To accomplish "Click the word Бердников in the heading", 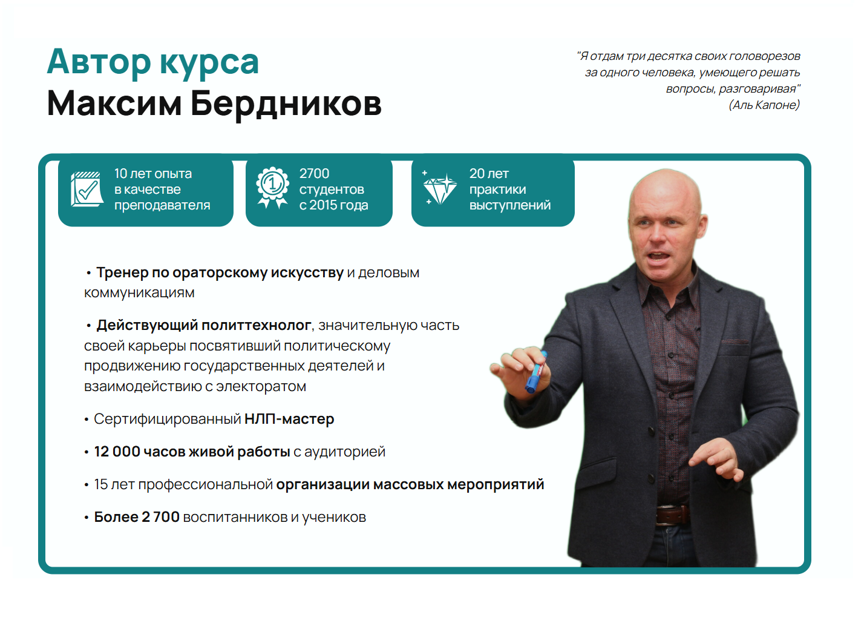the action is click(x=286, y=104).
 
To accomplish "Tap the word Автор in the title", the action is click(x=99, y=62).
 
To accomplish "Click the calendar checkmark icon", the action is click(x=87, y=189).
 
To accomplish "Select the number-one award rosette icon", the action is click(x=273, y=188).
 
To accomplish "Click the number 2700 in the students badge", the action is click(x=314, y=174).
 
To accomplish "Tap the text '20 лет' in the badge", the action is click(x=489, y=174).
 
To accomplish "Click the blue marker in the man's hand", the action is click(x=536, y=372).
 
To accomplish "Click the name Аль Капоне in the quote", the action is click(x=764, y=105).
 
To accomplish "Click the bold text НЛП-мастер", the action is click(x=289, y=419).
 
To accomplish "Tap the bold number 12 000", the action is click(x=117, y=452).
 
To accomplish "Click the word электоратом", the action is click(x=261, y=386).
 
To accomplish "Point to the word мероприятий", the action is click(x=496, y=485).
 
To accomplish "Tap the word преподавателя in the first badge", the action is click(x=162, y=205).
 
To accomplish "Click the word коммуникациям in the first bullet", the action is click(x=139, y=293).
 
